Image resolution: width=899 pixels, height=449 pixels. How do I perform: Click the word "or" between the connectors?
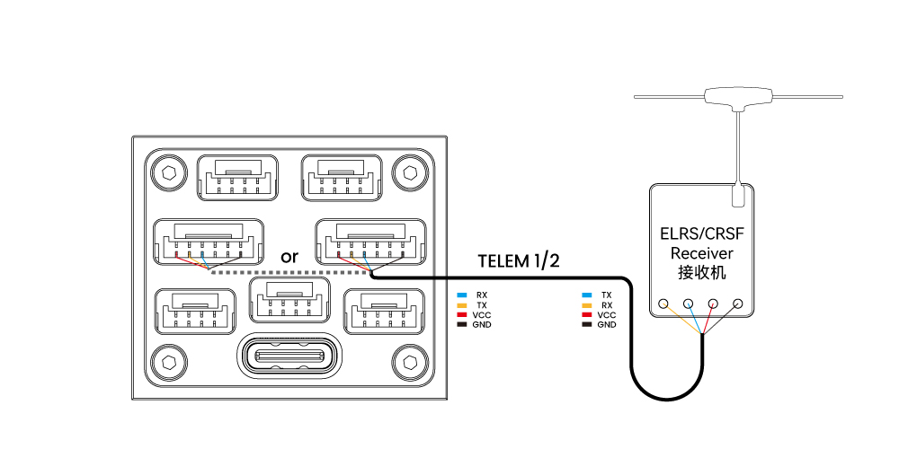289,257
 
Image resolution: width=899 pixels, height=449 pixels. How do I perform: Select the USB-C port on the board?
289,357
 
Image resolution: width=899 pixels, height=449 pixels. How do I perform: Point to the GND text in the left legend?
481,324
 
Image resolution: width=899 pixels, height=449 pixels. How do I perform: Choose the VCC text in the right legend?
606,315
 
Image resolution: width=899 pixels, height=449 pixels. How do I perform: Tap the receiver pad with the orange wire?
663,304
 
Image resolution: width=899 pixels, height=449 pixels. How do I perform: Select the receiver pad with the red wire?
713,304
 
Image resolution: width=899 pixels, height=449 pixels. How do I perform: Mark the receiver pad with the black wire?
738,304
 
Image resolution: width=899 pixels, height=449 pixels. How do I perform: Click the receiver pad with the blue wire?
689,304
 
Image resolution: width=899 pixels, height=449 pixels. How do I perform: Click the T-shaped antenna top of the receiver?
739,95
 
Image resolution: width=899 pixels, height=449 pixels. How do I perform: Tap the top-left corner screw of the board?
166,172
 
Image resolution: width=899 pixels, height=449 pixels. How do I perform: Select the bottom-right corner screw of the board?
411,361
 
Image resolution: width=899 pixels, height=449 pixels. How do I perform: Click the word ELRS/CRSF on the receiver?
701,235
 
